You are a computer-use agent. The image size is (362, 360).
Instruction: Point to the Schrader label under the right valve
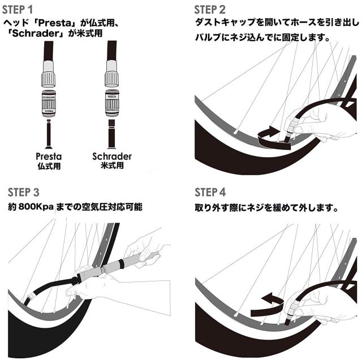click(112, 155)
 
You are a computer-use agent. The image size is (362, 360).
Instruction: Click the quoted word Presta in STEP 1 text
click(59, 23)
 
